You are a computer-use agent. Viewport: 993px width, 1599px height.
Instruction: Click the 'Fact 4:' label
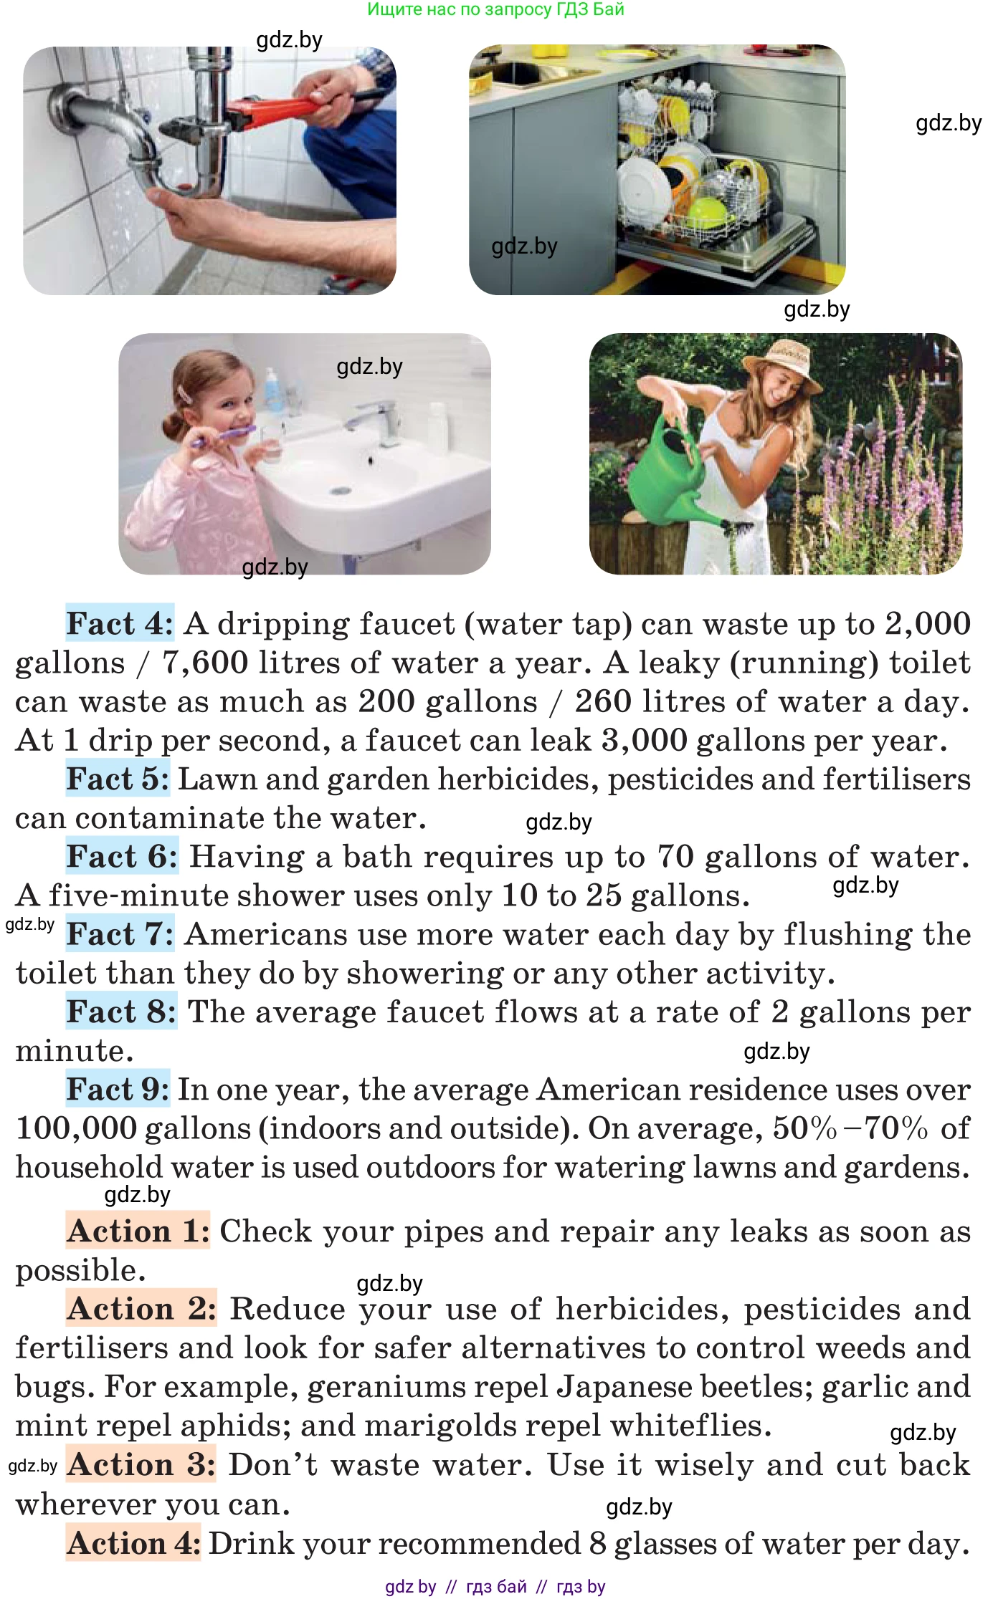(x=120, y=623)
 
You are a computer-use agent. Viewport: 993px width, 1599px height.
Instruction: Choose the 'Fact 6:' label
(x=121, y=856)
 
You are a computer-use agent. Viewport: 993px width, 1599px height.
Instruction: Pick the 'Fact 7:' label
(x=120, y=934)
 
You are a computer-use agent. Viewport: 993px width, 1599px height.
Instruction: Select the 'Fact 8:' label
(x=121, y=1012)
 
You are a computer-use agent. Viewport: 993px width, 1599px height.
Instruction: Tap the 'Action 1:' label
(x=138, y=1231)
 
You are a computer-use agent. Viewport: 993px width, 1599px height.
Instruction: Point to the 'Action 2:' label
(x=141, y=1309)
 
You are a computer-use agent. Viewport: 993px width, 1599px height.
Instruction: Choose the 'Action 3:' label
(x=141, y=1464)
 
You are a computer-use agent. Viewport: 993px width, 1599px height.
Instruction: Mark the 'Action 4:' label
(x=134, y=1542)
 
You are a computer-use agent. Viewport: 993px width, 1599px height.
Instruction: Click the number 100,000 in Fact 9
(x=77, y=1128)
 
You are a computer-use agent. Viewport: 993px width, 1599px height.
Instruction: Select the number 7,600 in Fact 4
(x=205, y=663)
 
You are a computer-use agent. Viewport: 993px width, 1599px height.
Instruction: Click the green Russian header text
(x=495, y=9)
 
